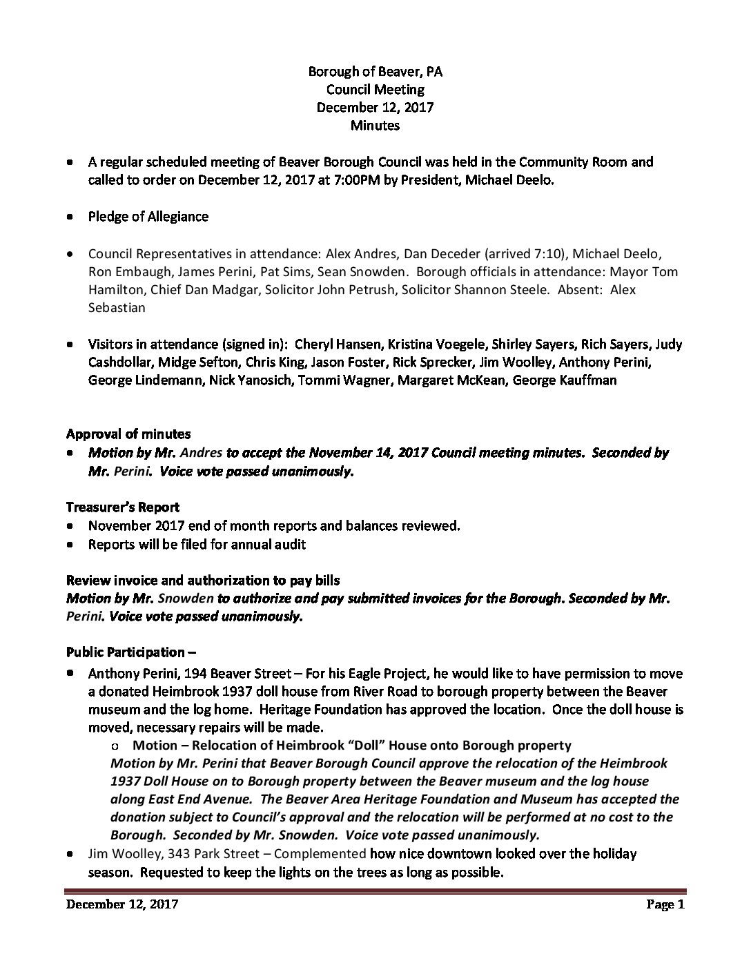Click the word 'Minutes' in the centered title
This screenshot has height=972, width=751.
[375, 125]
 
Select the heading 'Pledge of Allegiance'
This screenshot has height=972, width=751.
[148, 216]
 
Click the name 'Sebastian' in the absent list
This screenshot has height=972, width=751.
[117, 307]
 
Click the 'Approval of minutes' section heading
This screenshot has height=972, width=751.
[128, 434]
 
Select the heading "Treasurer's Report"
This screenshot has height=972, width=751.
[123, 507]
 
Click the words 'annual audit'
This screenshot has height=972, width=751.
[272, 544]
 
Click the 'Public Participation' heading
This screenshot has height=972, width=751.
[126, 652]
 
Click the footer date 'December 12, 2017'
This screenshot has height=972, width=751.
[122, 905]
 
